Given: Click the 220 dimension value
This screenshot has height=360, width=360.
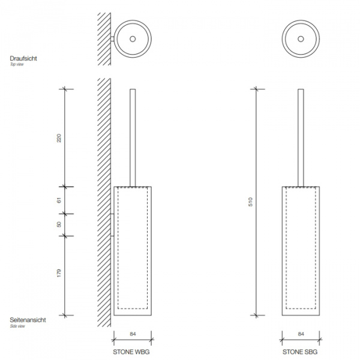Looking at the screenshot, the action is point(59,138).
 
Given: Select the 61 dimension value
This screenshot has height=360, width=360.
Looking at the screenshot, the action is point(59,200).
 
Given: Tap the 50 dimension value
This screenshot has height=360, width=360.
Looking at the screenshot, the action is point(59,224).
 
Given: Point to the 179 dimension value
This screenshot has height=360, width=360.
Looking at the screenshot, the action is point(59,273).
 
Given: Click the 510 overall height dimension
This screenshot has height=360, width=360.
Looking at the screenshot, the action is point(250,202).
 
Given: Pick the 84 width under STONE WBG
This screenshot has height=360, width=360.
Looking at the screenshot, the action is point(133,334).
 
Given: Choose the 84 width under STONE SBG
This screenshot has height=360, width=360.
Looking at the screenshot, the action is point(301,334).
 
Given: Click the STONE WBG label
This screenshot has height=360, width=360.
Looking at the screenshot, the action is point(131,352).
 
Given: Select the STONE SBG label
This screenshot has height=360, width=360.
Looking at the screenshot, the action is point(300,352).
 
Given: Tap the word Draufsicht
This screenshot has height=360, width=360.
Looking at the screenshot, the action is point(23,58).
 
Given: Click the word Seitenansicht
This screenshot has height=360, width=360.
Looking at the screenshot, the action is point(28,320).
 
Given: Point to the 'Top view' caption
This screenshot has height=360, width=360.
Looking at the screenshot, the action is point(17,64).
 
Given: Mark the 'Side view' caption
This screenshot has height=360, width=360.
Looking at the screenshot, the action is point(17,326).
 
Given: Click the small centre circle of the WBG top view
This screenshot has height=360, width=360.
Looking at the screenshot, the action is point(133,39).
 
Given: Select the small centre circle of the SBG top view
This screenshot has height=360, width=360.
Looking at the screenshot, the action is point(301,39).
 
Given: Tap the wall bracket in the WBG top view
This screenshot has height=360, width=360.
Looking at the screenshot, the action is point(112,39).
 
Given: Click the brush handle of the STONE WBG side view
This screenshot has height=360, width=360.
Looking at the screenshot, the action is point(133,138).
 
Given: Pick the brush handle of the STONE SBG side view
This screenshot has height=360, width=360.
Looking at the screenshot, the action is point(301,138).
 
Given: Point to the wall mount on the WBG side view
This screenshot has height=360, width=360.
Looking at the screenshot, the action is point(112,225).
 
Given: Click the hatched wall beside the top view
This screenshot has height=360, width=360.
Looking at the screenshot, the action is point(104,39).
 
